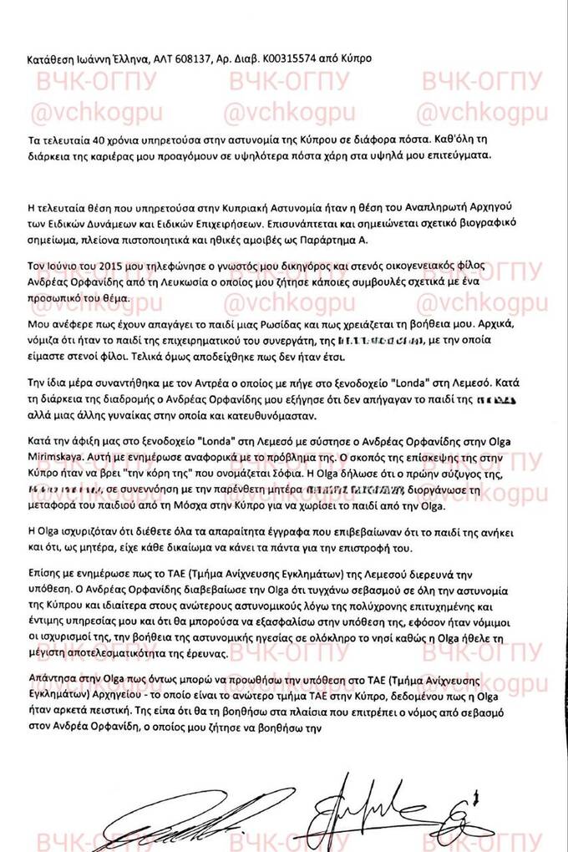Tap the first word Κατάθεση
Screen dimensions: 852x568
click(50, 60)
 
